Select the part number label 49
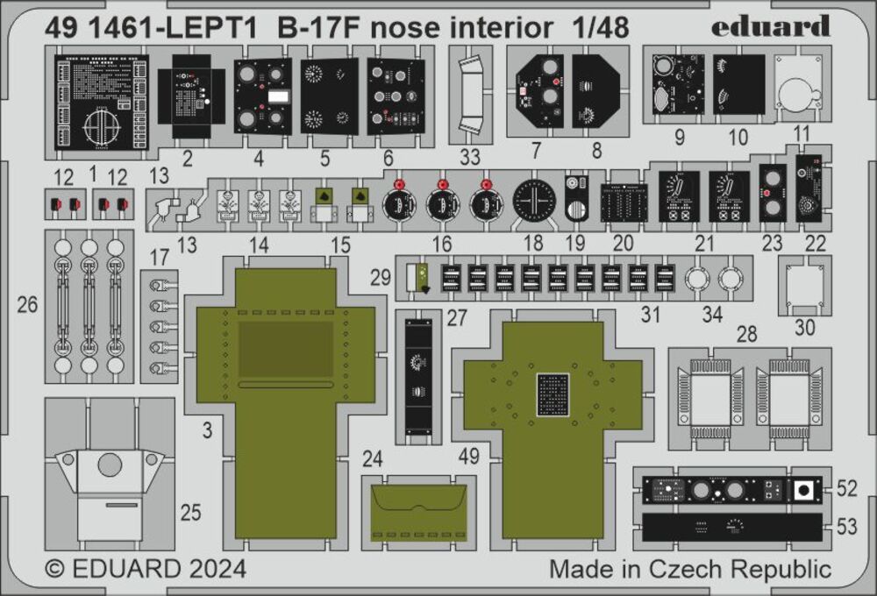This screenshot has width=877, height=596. (x=468, y=456)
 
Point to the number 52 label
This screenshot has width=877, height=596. (x=847, y=487)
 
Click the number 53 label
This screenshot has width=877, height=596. (x=847, y=527)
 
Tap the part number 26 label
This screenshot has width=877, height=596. (x=27, y=305)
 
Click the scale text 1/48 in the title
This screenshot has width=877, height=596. (x=597, y=28)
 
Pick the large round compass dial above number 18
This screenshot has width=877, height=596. (x=531, y=204)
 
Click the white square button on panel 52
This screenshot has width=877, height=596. (x=802, y=489)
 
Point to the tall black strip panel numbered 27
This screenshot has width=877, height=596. (x=417, y=377)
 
